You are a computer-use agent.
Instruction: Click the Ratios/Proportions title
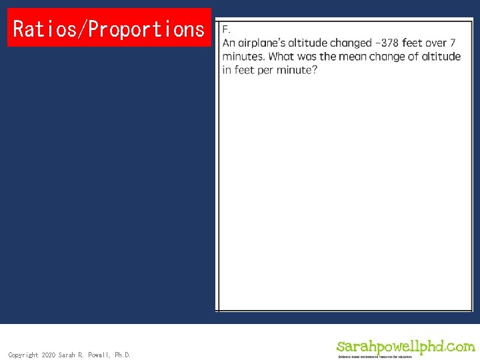coord(109,29)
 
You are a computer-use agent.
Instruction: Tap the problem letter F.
coord(226,29)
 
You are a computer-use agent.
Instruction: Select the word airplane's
coord(261,43)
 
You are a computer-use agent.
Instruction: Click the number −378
coord(396,43)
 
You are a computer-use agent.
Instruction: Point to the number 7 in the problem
coord(453,43)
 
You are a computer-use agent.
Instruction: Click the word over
coord(435,43)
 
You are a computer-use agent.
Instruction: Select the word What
coord(283,56)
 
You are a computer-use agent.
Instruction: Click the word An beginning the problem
coord(229,43)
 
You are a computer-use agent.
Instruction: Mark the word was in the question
coord(309,56)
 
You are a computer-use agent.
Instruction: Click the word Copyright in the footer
coord(23,355)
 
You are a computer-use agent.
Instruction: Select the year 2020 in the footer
coord(49,355)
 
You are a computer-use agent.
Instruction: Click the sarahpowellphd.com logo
coord(405,346)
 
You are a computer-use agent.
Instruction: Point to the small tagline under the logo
coord(375,357)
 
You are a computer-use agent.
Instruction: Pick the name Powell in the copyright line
coord(98,355)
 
